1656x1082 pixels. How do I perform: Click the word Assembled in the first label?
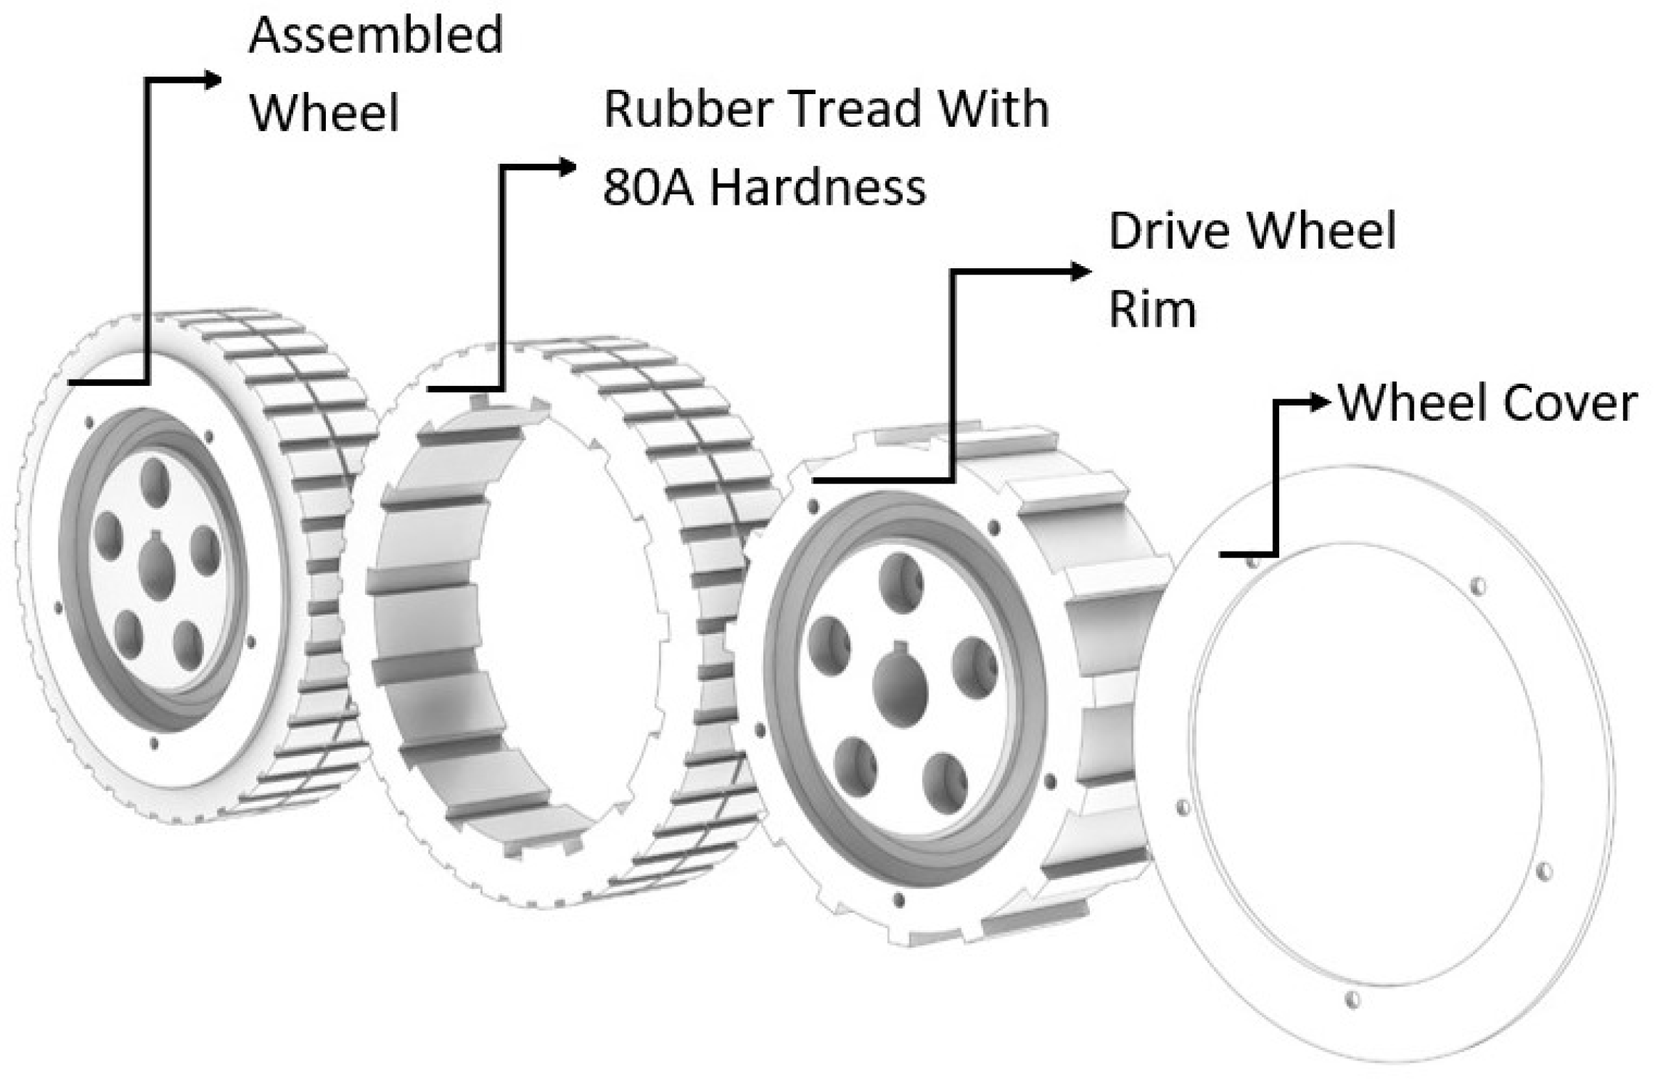(375, 36)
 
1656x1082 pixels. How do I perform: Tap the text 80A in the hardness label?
(648, 187)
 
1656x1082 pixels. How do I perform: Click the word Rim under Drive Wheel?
(1152, 309)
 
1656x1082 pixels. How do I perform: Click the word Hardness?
(818, 187)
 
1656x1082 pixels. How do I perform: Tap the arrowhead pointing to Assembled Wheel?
(212, 80)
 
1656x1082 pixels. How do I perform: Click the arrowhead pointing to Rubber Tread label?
(568, 167)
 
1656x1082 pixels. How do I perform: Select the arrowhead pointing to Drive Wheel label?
(1080, 272)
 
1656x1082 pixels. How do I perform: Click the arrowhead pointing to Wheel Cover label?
(1320, 402)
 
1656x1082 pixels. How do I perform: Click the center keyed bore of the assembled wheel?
(158, 569)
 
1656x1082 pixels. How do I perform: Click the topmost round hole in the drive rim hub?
(901, 582)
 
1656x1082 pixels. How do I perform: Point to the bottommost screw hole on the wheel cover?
(1352, 1000)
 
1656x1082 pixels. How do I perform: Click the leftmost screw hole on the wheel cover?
(1182, 807)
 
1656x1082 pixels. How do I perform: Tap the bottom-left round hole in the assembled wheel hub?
(128, 635)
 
